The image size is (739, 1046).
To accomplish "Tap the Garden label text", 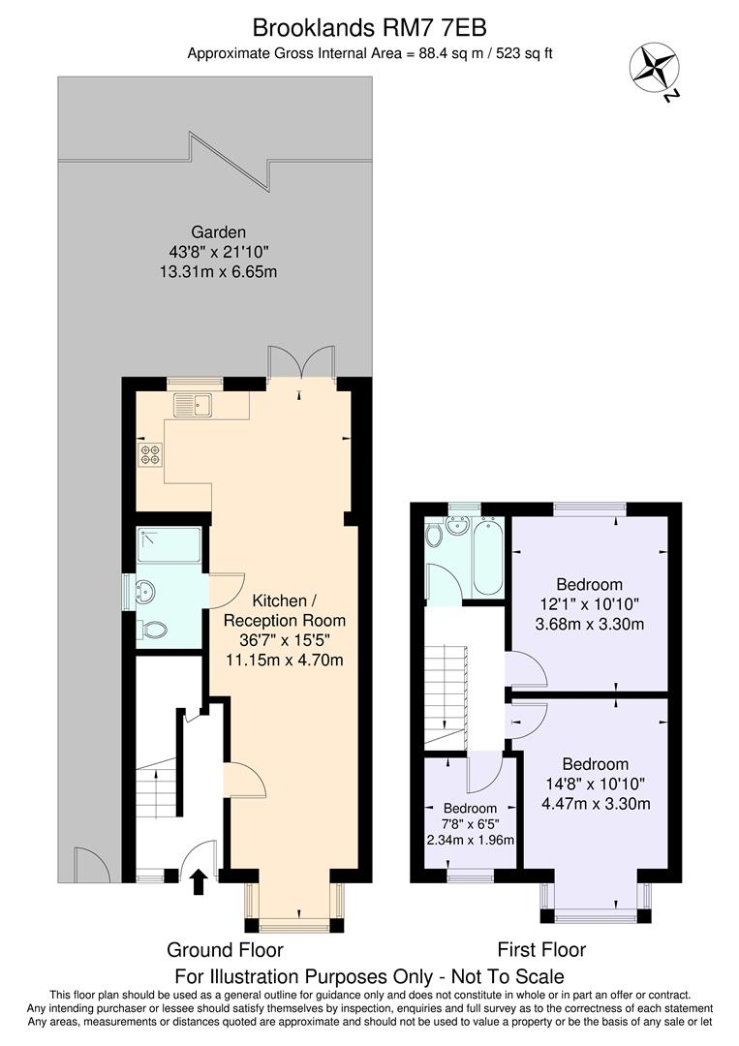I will [218, 232].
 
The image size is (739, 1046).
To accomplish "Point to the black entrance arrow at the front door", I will [199, 880].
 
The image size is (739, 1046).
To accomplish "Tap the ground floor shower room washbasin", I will [145, 590].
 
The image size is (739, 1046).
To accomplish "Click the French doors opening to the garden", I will [302, 363].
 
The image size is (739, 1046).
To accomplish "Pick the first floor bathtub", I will [485, 557].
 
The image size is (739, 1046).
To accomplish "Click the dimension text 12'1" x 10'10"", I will [589, 604].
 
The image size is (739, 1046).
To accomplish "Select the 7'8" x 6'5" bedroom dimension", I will [470, 824].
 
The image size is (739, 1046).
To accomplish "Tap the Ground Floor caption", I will [226, 950].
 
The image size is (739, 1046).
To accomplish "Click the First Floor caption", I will [541, 950].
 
